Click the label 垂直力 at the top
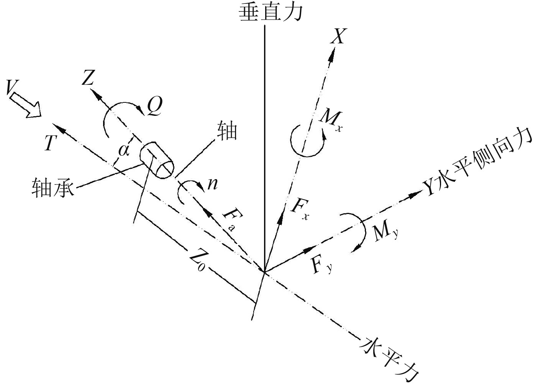(x=271, y=12)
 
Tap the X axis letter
(x=338, y=37)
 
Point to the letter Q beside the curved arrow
(x=155, y=108)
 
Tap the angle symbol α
(x=123, y=150)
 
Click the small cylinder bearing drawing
(x=157, y=161)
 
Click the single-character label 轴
(x=227, y=131)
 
